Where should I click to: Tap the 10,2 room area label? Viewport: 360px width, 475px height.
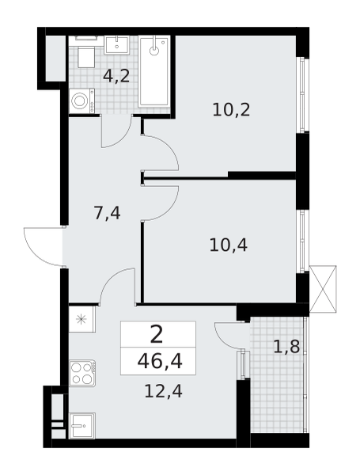pyautogui.click(x=231, y=109)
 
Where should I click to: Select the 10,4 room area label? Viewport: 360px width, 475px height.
pyautogui.click(x=229, y=245)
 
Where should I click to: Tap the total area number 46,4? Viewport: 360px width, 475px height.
pyautogui.click(x=157, y=363)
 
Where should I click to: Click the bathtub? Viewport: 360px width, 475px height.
pyautogui.click(x=155, y=71)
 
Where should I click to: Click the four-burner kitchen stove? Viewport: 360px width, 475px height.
pyautogui.click(x=82, y=373)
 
